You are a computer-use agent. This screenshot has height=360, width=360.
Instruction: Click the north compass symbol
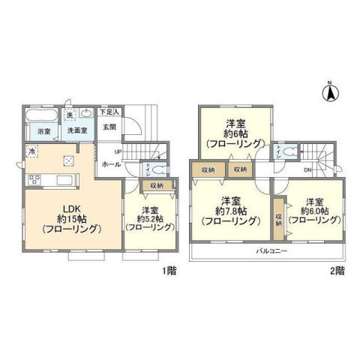coord(328,93)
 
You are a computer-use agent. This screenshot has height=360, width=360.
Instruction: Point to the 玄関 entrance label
coord(109,127)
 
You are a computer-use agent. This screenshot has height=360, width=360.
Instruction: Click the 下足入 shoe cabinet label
coord(112,112)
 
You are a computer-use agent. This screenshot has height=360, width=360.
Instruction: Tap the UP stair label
coord(108,152)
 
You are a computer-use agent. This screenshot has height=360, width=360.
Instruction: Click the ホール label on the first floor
coord(109,164)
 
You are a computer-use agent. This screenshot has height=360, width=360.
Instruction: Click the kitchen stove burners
coord(35,180)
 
